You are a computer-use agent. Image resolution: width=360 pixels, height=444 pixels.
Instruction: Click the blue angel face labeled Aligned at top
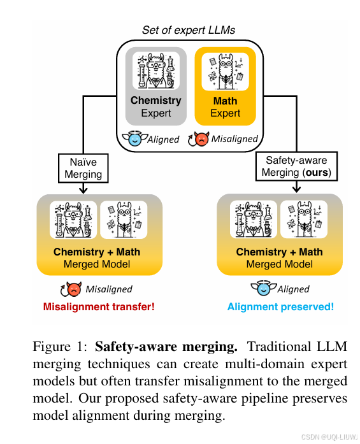click(x=134, y=138)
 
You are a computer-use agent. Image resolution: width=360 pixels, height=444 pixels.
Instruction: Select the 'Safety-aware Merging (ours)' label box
click(x=298, y=167)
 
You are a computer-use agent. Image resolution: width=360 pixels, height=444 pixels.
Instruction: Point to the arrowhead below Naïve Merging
click(x=83, y=190)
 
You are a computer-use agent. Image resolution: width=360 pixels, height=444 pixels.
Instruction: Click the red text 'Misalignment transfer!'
click(x=99, y=307)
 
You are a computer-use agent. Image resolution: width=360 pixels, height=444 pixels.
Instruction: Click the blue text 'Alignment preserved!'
click(x=280, y=307)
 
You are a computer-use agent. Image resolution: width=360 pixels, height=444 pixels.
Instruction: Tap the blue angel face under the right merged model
click(x=263, y=289)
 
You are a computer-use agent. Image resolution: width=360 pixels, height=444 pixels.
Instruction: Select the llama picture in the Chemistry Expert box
click(x=155, y=69)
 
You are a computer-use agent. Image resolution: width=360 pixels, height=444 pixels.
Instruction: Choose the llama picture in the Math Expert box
click(x=224, y=69)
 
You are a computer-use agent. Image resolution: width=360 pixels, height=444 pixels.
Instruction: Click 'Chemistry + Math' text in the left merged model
click(x=97, y=252)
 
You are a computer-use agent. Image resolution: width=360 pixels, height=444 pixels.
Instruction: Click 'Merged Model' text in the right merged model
click(x=280, y=264)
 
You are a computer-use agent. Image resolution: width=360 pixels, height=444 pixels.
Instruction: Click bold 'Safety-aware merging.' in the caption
click(x=166, y=348)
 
